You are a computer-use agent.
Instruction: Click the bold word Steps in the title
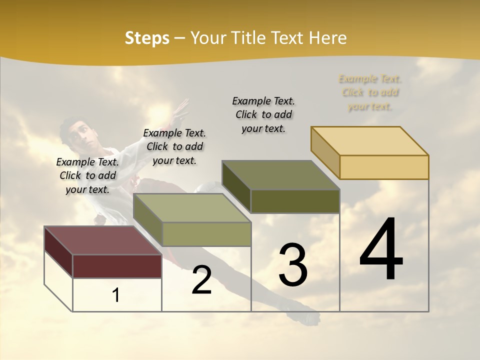[x=147, y=38]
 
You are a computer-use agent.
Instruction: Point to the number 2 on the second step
[x=201, y=280]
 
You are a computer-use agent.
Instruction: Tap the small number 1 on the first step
[x=116, y=295]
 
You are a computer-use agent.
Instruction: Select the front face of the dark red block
[x=117, y=266]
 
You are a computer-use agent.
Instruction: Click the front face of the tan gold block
[x=384, y=167]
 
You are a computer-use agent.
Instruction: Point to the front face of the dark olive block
[x=295, y=201]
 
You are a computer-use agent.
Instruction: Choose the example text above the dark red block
[x=87, y=175]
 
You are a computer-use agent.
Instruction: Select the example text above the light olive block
[x=174, y=146]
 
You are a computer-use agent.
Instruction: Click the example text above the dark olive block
[x=263, y=114]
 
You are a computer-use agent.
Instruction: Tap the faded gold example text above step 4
[x=370, y=92]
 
